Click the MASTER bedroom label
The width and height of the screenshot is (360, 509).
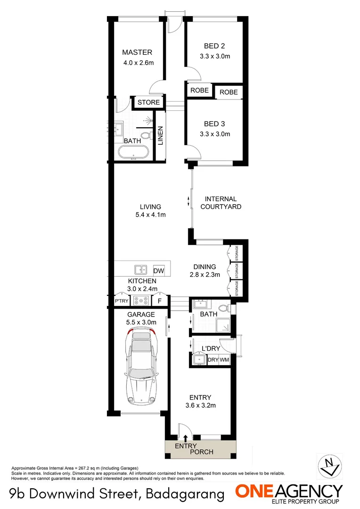pyautogui.click(x=137, y=52)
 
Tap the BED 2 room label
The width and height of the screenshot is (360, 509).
pyautogui.click(x=214, y=46)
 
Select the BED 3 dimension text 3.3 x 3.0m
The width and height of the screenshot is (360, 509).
pyautogui.click(x=214, y=134)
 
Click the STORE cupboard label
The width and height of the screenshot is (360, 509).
pyautogui.click(x=149, y=102)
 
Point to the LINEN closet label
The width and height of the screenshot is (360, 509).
pyautogui.click(x=160, y=135)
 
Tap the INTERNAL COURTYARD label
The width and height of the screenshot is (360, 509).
pyautogui.click(x=221, y=203)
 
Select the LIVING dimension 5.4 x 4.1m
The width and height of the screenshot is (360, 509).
pyautogui.click(x=150, y=215)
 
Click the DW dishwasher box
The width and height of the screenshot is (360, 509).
pyautogui.click(x=159, y=271)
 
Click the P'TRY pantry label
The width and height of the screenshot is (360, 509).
pyautogui.click(x=122, y=301)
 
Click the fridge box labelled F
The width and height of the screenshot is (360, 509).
pyautogui.click(x=160, y=301)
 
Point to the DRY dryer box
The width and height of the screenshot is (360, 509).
pyautogui.click(x=213, y=360)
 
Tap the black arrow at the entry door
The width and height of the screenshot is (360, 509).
pyautogui.click(x=185, y=439)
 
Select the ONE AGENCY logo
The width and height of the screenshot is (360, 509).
pyautogui.click(x=289, y=493)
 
